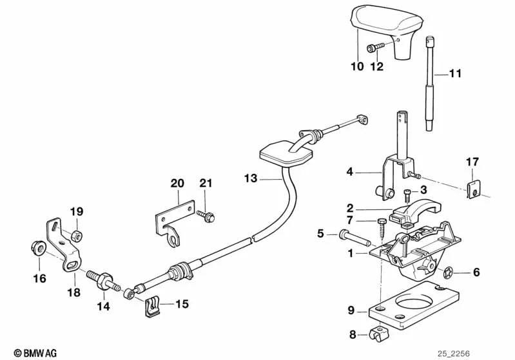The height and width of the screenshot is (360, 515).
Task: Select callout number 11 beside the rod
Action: point(456,74)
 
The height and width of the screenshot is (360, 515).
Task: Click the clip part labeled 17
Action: point(472,187)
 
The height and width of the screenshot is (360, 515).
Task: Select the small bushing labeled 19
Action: point(75,232)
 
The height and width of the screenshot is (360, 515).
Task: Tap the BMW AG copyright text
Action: point(30,353)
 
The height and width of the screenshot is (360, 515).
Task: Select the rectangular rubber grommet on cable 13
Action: point(287,155)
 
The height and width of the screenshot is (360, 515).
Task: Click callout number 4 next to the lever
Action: point(349,172)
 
